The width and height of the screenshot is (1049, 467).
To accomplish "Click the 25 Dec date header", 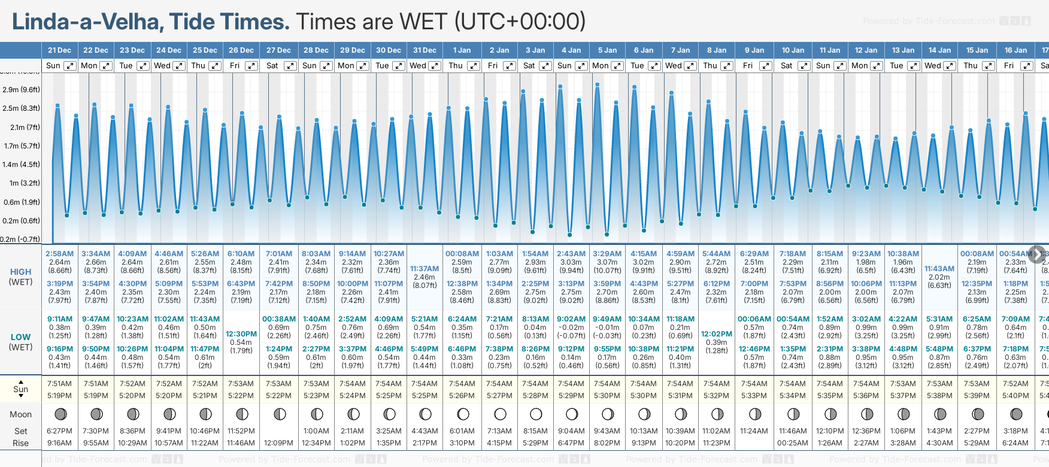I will click(205, 50).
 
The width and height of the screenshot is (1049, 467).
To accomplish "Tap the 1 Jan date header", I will click(462, 50).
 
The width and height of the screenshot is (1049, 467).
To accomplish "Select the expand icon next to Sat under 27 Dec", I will click(290, 66).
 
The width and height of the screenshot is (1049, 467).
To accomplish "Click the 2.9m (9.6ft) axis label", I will click(21, 90).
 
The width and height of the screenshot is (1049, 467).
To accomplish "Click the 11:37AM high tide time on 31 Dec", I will click(425, 269).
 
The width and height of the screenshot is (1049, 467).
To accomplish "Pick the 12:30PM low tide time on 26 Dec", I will click(241, 334).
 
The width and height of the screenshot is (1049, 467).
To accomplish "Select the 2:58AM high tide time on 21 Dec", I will click(59, 254).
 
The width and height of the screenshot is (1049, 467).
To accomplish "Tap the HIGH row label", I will click(20, 272).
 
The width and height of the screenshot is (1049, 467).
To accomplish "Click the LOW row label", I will click(20, 337).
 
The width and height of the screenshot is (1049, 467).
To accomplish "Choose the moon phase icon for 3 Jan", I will click(536, 414).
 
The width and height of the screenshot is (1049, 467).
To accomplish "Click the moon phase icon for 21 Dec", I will click(60, 414).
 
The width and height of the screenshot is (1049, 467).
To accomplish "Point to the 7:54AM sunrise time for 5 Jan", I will click(607, 384).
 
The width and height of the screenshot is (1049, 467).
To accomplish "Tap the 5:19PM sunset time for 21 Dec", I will click(59, 396).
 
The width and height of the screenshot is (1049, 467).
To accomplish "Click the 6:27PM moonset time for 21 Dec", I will click(59, 431).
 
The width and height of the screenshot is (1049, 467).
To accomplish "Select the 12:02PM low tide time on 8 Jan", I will click(717, 334).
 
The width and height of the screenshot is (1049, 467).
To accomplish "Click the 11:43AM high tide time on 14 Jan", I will click(939, 269).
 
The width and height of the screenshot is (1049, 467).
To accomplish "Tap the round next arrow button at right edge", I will click(1036, 253).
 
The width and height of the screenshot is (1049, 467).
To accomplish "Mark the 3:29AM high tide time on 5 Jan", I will click(607, 254).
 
